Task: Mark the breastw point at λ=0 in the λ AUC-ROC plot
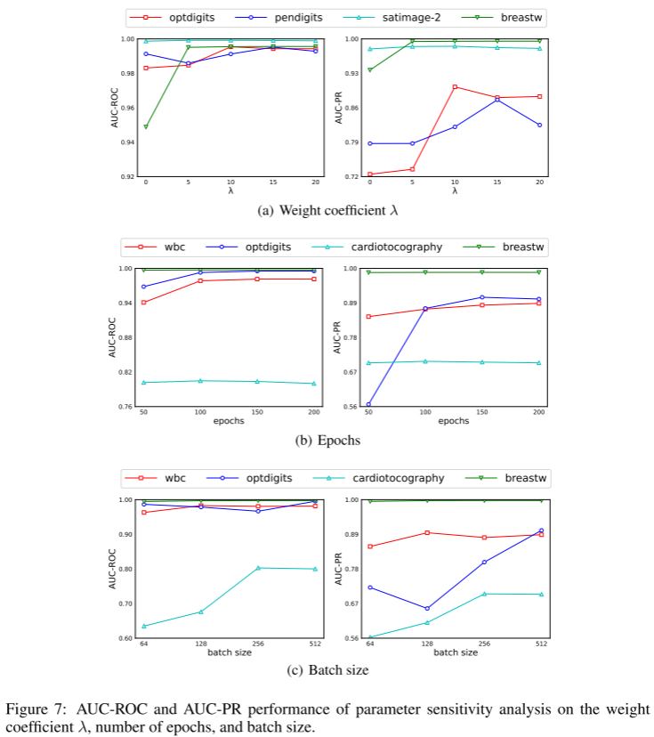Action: (x=145, y=126)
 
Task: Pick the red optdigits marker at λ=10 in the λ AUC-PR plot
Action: (x=455, y=87)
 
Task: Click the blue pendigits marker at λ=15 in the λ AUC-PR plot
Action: (x=497, y=99)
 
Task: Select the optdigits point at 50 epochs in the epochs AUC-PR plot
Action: (x=368, y=405)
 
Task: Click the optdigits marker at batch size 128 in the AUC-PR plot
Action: (x=427, y=609)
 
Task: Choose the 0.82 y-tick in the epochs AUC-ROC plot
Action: (x=125, y=372)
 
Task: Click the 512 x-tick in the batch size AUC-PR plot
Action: (x=540, y=644)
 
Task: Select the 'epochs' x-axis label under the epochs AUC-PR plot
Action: (x=454, y=422)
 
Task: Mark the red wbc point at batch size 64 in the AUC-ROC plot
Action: (x=145, y=513)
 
